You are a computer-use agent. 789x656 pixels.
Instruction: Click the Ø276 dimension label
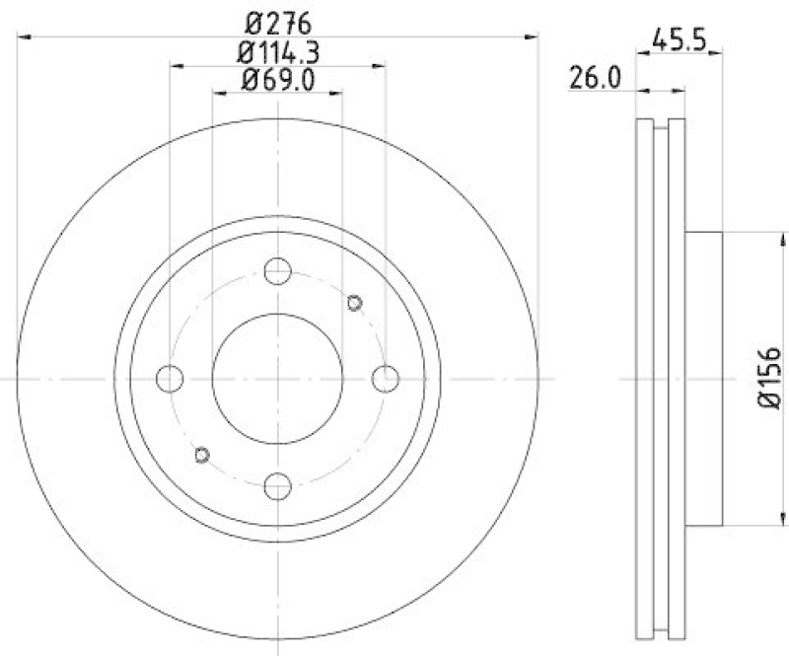pyautogui.click(x=278, y=19)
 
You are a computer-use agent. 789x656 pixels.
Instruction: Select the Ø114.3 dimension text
pyautogui.click(x=279, y=51)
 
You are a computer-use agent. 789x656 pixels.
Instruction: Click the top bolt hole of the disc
pyautogui.click(x=279, y=269)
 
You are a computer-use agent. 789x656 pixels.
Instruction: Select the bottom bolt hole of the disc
pyautogui.click(x=279, y=484)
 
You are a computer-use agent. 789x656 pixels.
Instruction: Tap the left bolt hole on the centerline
pyautogui.click(x=171, y=377)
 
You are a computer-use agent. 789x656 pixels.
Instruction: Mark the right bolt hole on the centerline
pyautogui.click(x=387, y=377)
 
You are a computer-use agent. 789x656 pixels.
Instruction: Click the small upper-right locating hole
pyautogui.click(x=355, y=302)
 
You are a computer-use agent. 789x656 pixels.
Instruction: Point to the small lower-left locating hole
pyautogui.click(x=202, y=453)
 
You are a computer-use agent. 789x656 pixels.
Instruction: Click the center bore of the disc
pyautogui.click(x=279, y=377)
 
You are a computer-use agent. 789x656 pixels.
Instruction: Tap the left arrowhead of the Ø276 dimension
pyautogui.click(x=26, y=37)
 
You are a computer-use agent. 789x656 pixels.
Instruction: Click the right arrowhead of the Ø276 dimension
pyautogui.click(x=535, y=37)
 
